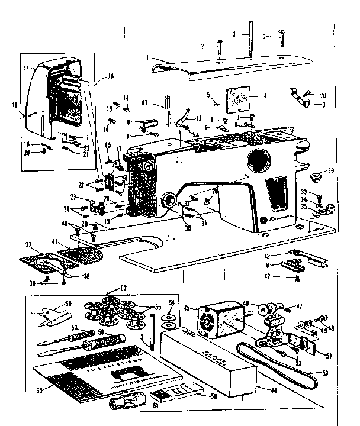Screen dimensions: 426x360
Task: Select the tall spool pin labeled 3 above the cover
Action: tap(252, 39)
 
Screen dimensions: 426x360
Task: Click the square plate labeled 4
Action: tap(239, 99)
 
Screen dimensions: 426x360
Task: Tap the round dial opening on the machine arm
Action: tap(258, 159)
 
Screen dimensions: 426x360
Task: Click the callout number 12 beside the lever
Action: tap(199, 118)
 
